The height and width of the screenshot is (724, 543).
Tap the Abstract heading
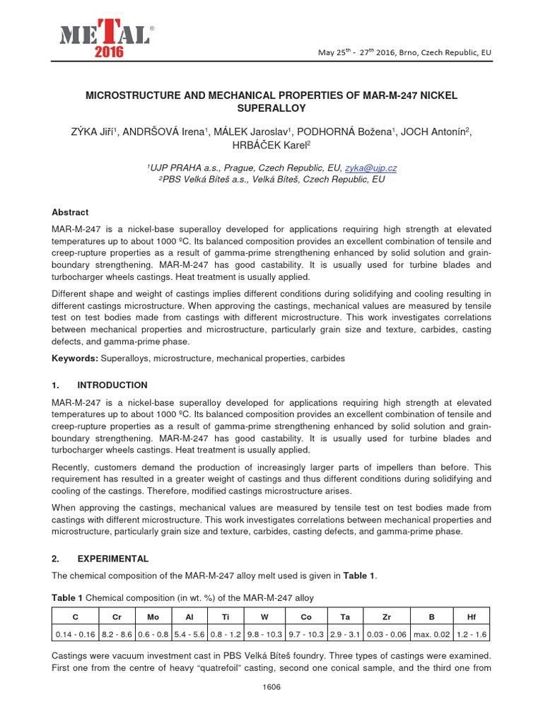pos(71,212)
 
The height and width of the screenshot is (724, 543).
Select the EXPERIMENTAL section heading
pos(112,559)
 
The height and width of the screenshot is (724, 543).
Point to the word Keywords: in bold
pos(75,358)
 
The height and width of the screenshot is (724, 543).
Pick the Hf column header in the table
pos(472,617)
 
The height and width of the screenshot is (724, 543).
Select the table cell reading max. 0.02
pos(431,633)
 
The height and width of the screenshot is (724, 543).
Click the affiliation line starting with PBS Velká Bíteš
pos(271,180)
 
